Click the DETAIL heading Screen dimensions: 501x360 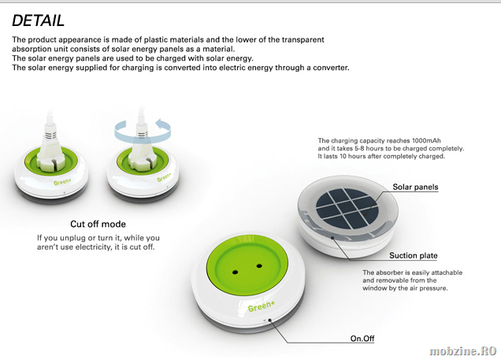pos(38,20)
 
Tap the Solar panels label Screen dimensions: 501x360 pos(415,187)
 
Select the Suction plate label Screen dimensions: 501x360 pos(413,255)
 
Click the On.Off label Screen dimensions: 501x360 pos(362,338)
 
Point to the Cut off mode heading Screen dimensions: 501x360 pos(98,224)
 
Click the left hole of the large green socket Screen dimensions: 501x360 pos(236,273)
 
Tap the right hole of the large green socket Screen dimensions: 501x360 pos(259,265)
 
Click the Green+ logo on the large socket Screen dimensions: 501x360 pos(261,306)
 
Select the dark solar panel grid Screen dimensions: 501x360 pos(347,208)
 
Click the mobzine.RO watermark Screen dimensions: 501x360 pos(463,351)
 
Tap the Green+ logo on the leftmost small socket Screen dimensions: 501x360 pos(62,182)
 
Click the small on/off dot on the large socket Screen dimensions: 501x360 pos(269,320)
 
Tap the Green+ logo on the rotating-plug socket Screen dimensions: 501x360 pos(164,177)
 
